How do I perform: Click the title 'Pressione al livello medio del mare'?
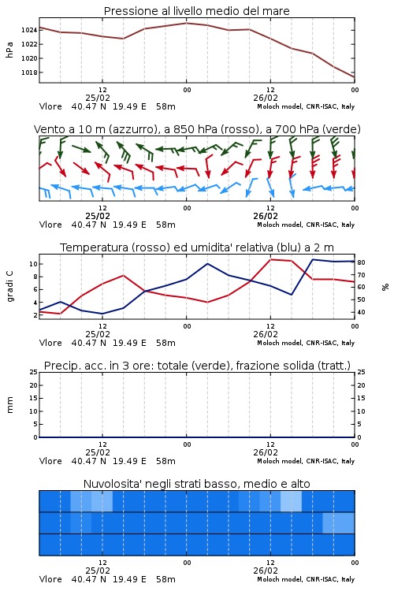pos(196,11)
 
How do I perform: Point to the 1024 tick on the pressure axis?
pos(28,30)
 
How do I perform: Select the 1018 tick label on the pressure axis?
pos(28,72)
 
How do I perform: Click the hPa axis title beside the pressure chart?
pos(9,50)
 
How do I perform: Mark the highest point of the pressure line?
pos(186,23)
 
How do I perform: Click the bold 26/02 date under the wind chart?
pos(266,216)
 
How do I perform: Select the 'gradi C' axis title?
pos(9,287)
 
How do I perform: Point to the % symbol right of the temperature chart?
pos(385,287)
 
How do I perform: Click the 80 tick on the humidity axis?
pos(361,262)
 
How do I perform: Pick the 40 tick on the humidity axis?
pos(361,312)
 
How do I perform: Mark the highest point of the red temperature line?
pos(271,259)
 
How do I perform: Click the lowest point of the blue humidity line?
pos(102,314)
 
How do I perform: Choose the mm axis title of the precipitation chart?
pos(9,404)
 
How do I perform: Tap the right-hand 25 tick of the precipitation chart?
pos(361,372)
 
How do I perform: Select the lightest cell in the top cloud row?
pos(291,501)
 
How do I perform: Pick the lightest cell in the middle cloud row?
pos(339,522)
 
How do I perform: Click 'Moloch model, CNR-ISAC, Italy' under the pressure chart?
pos(306,106)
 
